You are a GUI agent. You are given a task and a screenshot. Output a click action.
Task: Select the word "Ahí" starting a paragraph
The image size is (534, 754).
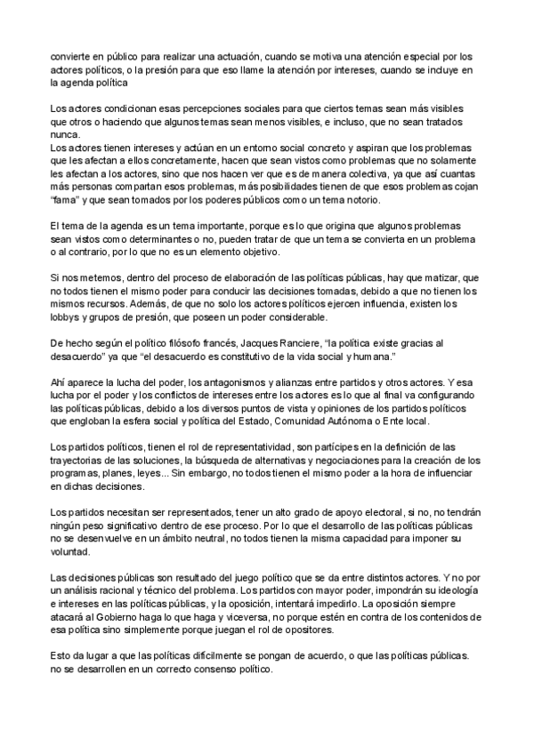point(60,382)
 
